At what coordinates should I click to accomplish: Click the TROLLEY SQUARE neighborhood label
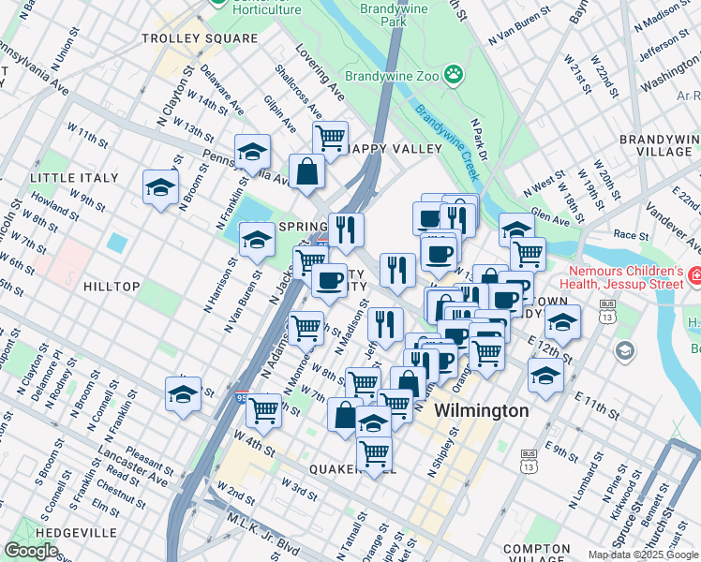point(199,38)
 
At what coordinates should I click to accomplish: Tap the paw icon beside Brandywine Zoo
point(454,73)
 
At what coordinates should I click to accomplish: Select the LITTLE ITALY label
point(74,178)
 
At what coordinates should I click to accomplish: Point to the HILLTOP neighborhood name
point(110,287)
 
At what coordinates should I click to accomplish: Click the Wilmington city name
point(481,411)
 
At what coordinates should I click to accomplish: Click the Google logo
point(31,551)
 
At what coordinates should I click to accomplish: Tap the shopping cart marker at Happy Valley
point(330,139)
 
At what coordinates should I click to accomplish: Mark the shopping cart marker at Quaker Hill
point(374,454)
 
